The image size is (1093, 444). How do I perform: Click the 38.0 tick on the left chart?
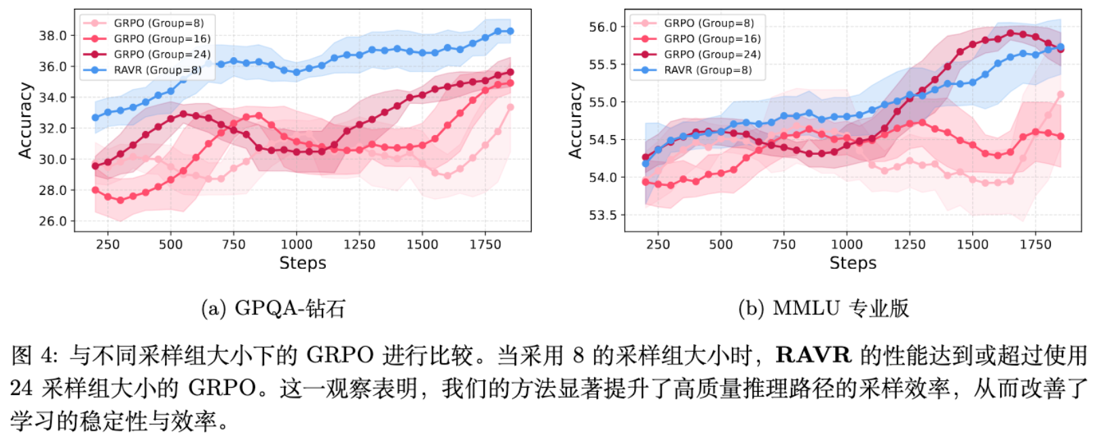point(53,35)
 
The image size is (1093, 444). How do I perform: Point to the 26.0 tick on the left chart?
point(53,221)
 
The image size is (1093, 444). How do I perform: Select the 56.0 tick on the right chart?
point(603,27)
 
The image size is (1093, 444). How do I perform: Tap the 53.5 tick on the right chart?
point(603,215)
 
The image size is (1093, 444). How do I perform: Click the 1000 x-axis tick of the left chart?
point(297,244)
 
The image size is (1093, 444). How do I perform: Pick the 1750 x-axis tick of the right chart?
point(1035,244)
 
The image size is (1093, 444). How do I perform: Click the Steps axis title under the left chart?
point(303,263)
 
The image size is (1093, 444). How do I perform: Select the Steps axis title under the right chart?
point(853,263)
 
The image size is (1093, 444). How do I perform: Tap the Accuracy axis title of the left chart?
point(26,121)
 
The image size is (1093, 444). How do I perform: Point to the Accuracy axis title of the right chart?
point(576,121)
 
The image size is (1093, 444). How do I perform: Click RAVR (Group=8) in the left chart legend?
point(158,70)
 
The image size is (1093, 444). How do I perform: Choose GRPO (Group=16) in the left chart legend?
point(162,39)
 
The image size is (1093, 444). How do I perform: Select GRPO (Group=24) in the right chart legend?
point(712,54)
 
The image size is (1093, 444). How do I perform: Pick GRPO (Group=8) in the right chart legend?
point(709,23)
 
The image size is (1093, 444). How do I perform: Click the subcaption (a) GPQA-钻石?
point(273,309)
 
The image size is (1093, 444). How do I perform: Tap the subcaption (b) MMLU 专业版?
point(823,309)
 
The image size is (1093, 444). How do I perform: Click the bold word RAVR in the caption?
point(813,355)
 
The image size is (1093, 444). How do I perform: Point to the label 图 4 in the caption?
point(31,355)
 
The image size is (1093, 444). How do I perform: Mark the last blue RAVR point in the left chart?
point(511,31)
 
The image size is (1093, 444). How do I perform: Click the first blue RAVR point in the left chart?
point(95,117)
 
